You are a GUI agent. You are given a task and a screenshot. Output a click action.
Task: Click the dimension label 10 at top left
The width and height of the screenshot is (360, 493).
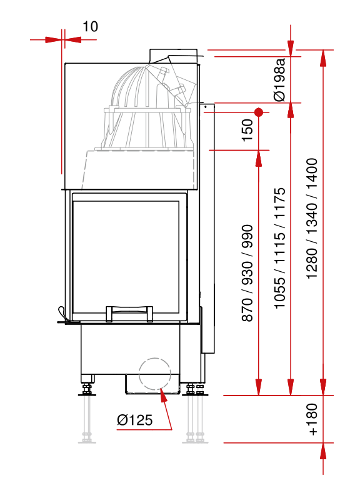[x=90, y=26]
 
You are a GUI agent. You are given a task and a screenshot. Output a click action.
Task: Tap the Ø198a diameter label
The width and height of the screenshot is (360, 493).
[x=279, y=80]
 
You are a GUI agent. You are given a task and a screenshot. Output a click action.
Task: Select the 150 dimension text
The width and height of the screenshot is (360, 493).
[x=247, y=131]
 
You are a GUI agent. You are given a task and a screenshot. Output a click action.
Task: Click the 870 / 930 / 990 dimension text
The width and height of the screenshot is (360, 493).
[x=247, y=273]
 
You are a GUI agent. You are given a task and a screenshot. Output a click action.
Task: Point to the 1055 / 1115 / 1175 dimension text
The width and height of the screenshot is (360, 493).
[x=279, y=248]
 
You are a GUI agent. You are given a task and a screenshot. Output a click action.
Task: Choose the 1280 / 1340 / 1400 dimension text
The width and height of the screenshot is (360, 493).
[x=312, y=219]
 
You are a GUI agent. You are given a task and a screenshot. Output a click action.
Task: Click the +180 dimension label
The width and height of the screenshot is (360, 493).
[x=313, y=419]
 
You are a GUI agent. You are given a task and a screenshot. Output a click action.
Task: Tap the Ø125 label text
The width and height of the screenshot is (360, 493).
[x=134, y=420]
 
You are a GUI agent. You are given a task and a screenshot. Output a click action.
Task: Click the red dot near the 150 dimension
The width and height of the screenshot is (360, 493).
[x=259, y=112]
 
